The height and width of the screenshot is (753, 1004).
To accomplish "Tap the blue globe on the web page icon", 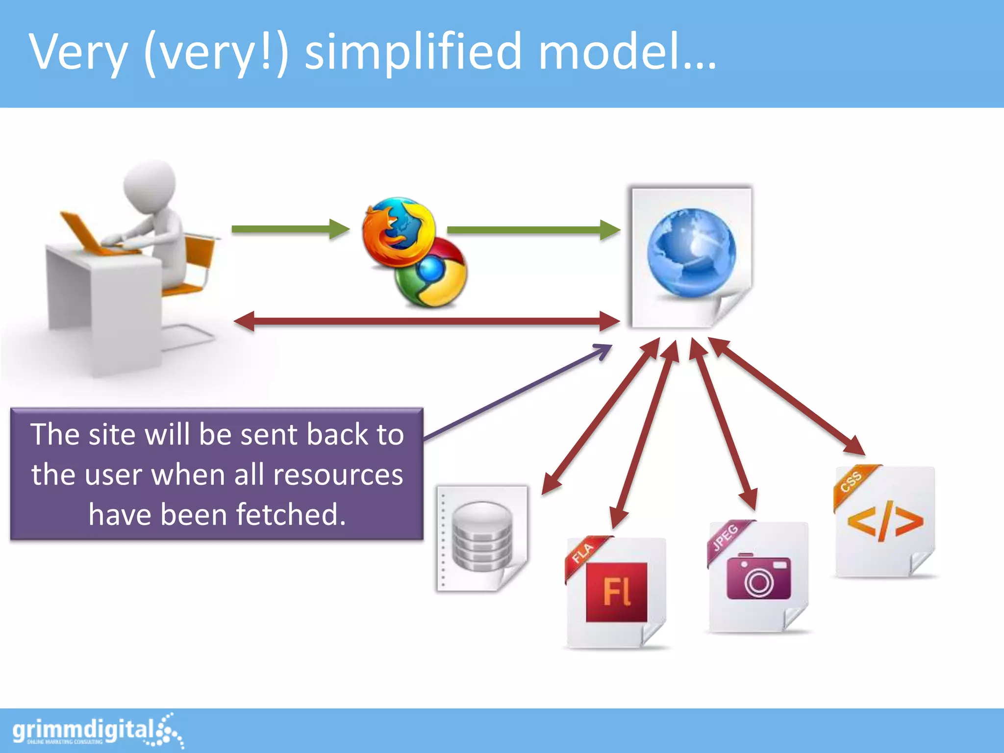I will pyautogui.click(x=691, y=252).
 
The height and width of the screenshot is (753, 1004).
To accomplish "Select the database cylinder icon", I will pyautogui.click(x=481, y=536).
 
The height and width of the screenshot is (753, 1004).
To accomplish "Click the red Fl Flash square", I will pyautogui.click(x=616, y=592).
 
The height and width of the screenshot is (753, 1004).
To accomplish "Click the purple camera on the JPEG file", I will pyautogui.click(x=758, y=577).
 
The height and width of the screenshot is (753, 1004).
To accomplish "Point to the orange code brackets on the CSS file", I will pyautogui.click(x=885, y=521).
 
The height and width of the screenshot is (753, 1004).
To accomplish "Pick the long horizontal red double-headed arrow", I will pyautogui.click(x=427, y=322).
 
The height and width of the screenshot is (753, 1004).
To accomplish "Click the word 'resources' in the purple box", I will pyautogui.click(x=338, y=475).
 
